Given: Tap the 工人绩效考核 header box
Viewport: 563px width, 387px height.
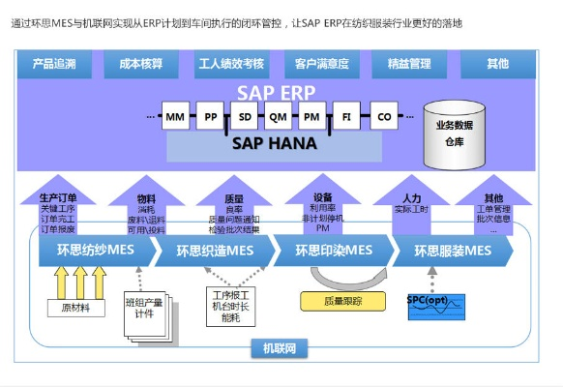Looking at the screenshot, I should pos(231,64).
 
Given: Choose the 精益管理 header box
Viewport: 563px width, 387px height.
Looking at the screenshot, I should pos(408,64).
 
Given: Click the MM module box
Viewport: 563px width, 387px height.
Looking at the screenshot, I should pos(175,118).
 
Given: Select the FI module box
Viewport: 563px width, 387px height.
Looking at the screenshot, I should pos(345,118).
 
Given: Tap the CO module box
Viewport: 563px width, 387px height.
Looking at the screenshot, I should pos(384,118).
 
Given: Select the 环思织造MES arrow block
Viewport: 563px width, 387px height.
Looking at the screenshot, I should pos(216,252).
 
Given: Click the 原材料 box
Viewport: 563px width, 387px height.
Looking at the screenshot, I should pos(75,309).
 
